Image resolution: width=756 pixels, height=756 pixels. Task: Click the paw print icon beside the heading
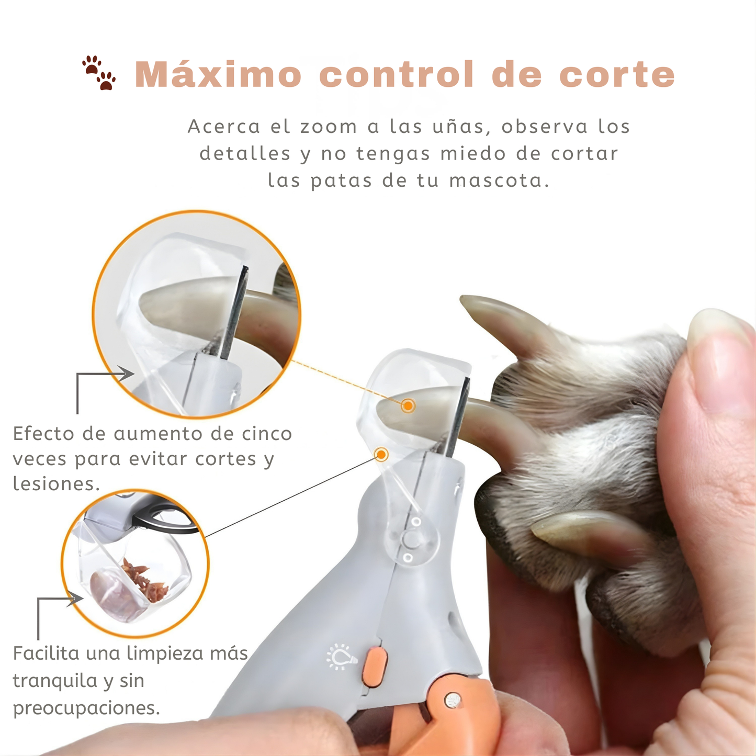tap(99, 73)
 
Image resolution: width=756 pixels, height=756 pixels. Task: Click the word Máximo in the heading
tap(218, 74)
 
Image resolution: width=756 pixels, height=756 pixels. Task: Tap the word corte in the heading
tap(617, 74)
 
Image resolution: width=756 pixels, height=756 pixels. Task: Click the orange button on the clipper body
tap(375, 665)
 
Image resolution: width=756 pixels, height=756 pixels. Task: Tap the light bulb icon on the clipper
tap(341, 657)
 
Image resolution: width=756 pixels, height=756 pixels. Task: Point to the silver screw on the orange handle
tap(453, 700)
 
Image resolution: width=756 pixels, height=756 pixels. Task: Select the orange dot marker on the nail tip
tap(408, 405)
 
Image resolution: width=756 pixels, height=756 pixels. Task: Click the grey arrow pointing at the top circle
tap(125, 374)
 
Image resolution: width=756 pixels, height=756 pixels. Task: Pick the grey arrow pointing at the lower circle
tap(74, 600)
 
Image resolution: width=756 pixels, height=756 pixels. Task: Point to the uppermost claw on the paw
tap(502, 319)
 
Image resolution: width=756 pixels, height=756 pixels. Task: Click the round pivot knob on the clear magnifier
tap(411, 539)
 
